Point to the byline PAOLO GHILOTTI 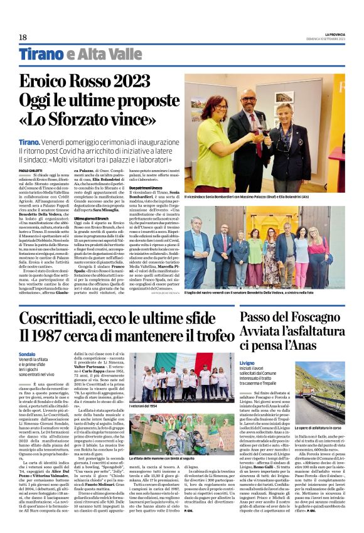(30, 170)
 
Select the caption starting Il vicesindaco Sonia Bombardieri (250, 198)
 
